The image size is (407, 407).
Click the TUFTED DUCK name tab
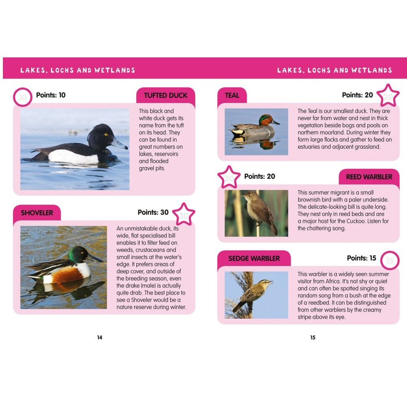pos(166,96)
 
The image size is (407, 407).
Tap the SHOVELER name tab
pos(37,213)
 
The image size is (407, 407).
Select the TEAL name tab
pos(232,96)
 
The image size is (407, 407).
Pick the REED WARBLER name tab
pos(369,177)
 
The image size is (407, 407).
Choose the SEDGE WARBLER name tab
pos(254,258)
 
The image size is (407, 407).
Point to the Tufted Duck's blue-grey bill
pos(120,143)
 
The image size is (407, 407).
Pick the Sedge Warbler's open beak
pos(270,281)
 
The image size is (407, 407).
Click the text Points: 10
pos(51,95)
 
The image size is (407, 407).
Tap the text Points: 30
pos(153,212)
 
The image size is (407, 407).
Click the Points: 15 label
pos(361,258)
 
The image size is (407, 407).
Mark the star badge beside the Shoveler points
pos(184,214)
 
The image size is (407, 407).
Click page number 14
pos(100,337)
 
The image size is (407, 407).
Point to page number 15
pos(313,337)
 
